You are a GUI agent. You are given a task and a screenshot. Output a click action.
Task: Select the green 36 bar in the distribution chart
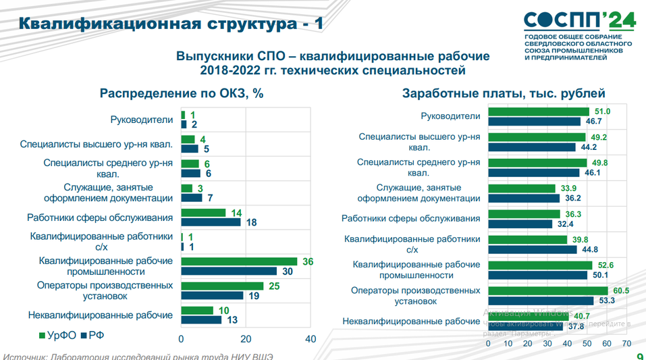point(239,261)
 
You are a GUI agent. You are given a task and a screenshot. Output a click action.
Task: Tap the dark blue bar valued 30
point(229,271)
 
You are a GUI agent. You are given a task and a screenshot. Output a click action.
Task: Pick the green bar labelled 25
point(221,286)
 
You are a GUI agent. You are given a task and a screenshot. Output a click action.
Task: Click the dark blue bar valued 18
point(211,222)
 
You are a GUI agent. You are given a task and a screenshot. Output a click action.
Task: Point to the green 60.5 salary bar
point(547,290)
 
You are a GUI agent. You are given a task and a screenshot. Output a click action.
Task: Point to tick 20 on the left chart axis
point(246,339)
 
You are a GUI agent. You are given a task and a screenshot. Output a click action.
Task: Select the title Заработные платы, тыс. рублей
point(503,94)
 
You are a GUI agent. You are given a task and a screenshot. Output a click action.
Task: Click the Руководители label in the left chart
point(142,120)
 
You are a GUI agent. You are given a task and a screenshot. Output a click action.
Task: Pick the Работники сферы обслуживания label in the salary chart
point(411,218)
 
